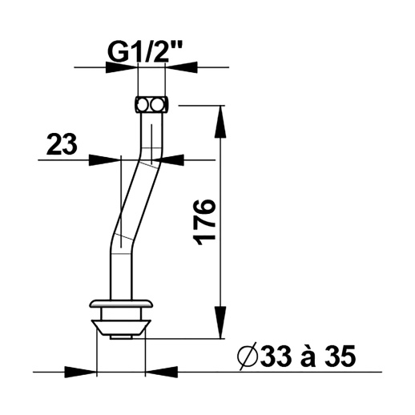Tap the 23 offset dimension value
point(62,144)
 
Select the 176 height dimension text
point(205,222)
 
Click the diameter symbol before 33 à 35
point(248,357)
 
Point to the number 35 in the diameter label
point(340,356)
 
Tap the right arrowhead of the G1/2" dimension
point(181,67)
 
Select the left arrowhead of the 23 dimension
point(105,160)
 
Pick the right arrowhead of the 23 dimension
point(167,160)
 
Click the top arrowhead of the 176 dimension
point(220,122)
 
